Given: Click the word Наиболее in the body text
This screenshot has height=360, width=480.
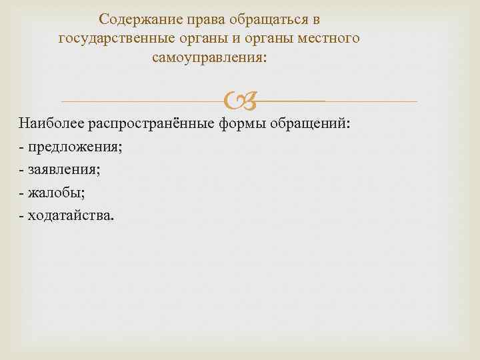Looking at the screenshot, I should [x=47, y=123].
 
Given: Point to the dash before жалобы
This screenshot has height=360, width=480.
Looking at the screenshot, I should [x=22, y=193].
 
